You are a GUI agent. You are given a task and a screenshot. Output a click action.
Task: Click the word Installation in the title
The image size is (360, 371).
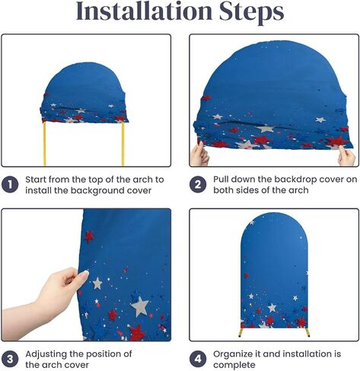coord(145,11)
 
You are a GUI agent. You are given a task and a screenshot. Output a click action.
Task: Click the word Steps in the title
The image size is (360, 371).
coord(251,13)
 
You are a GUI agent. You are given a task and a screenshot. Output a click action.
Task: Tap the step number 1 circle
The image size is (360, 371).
coord(10,185)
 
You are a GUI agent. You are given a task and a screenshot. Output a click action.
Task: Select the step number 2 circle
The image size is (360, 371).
coord(198,185)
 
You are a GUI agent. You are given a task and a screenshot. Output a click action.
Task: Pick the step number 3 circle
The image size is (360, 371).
coord(10,359)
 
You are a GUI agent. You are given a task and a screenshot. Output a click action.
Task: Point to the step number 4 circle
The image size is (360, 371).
coord(198,359)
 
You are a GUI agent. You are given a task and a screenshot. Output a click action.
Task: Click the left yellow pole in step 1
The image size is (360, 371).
coord(45,144)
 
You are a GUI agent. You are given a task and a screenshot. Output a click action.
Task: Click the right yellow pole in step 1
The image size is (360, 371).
coord(123,144)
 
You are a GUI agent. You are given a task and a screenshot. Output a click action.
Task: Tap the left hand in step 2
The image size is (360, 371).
coord(199,154)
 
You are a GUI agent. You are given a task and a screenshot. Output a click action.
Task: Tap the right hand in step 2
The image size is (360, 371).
coord(346,156)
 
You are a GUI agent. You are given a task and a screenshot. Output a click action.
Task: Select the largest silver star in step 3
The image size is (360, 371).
coord(140,306)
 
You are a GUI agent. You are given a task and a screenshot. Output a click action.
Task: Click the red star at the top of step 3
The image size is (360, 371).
coord(89,236)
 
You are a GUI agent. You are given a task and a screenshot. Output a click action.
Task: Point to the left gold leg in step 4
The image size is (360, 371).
coord(241,332)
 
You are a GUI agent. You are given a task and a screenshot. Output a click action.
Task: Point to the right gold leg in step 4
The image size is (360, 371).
coord(307,332)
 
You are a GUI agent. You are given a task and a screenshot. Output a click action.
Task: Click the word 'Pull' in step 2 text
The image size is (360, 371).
coord(221,179)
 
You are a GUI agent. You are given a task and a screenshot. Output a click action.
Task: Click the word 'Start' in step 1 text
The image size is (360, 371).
coord(36,179)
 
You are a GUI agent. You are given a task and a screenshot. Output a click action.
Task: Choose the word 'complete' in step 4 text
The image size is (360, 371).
coord(234,366)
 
